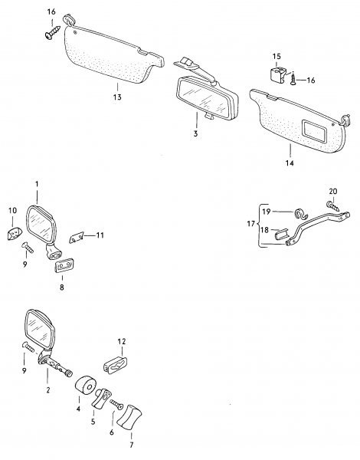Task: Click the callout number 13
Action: pyautogui.click(x=117, y=97)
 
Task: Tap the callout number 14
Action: pyautogui.click(x=290, y=163)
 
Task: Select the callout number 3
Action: pyautogui.click(x=195, y=133)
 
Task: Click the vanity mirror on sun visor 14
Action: pyautogui.click(x=315, y=133)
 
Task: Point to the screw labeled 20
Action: pyautogui.click(x=334, y=205)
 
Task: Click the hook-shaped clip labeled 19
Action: pyautogui.click(x=300, y=213)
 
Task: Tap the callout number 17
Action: pyautogui.click(x=251, y=224)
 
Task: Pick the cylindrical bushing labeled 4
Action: pyautogui.click(x=86, y=386)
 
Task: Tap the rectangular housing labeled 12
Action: pyautogui.click(x=116, y=363)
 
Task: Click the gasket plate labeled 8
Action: pyautogui.click(x=64, y=265)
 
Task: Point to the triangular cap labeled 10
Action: pyautogui.click(x=15, y=233)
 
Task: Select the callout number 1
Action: pyautogui.click(x=37, y=184)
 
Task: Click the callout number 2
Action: pyautogui.click(x=47, y=390)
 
